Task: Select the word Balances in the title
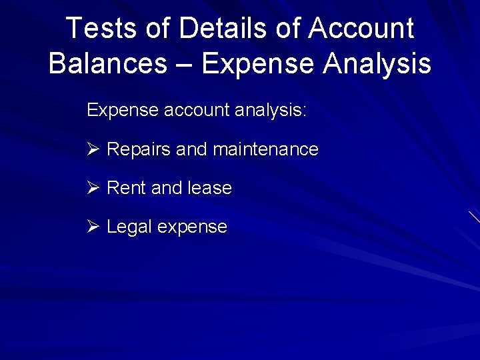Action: (x=107, y=63)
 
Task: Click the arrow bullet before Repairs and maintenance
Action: (x=93, y=149)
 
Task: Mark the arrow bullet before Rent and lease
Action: (x=93, y=188)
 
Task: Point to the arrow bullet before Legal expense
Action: (x=93, y=227)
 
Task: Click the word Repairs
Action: (x=138, y=149)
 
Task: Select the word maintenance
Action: (x=265, y=149)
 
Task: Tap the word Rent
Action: (x=126, y=188)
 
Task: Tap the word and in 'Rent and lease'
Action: (x=166, y=188)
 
